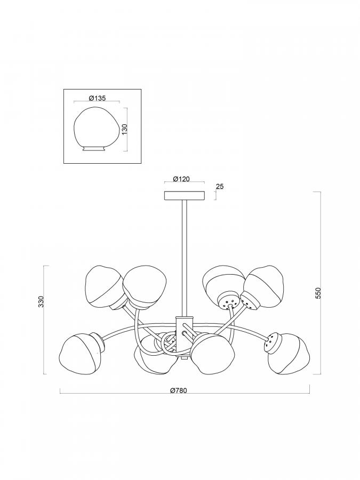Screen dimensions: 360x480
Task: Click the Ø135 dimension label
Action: click(97, 98)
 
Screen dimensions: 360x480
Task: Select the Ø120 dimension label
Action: click(181, 179)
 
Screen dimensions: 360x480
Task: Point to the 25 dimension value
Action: click(220, 187)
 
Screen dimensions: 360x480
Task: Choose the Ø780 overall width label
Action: click(178, 390)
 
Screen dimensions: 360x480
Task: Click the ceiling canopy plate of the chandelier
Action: click(185, 196)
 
